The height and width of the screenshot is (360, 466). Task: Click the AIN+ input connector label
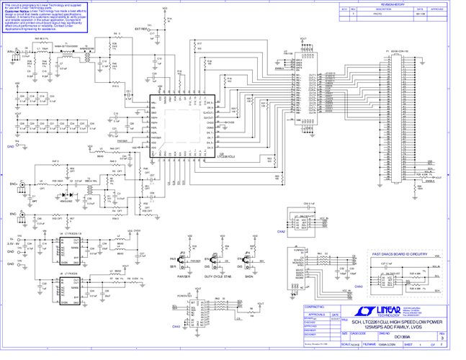[10, 52]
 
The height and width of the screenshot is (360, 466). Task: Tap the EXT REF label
[142, 30]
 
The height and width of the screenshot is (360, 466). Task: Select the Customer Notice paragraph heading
[17, 12]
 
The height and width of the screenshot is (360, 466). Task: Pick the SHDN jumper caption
[249, 275]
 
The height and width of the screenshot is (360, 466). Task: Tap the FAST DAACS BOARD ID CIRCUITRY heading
[400, 254]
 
